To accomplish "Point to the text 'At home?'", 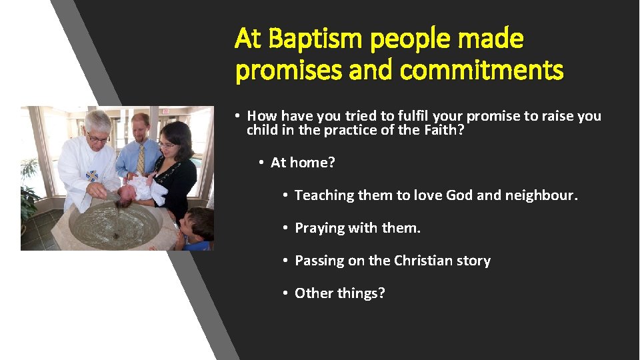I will [x=303, y=163].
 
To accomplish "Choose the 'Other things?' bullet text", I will [x=339, y=293].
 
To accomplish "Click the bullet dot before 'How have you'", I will [x=237, y=117].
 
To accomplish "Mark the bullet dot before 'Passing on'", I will [x=285, y=261].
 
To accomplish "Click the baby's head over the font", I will [x=127, y=193].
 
